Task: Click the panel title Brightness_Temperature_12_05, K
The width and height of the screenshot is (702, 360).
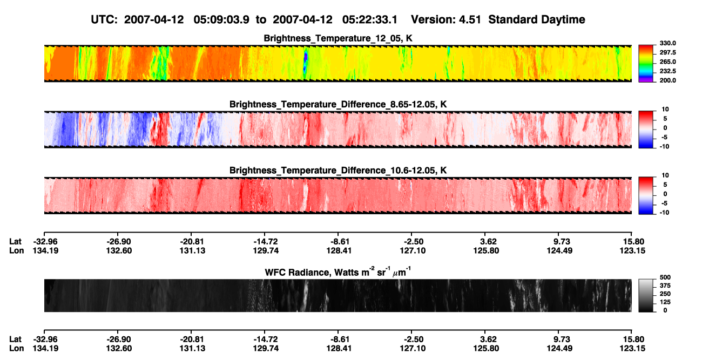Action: [338, 38]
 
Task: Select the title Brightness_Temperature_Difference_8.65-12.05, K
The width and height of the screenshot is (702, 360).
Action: [338, 104]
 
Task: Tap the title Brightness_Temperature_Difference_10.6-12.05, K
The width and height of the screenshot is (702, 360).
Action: [338, 171]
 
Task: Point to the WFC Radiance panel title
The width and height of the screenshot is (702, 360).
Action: [338, 272]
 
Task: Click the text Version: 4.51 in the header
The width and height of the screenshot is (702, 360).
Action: [446, 19]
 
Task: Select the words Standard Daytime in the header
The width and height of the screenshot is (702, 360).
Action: [537, 20]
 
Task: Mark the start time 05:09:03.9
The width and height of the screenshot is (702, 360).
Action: [221, 19]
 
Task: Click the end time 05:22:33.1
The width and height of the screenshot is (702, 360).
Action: [370, 19]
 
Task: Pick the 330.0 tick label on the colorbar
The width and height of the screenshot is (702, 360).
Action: [667, 43]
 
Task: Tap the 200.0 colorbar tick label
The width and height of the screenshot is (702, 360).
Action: [667, 80]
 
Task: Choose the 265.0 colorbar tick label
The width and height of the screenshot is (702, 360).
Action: [667, 62]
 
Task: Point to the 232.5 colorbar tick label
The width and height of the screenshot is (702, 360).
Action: [667, 71]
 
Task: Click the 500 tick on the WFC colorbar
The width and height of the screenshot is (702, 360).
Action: [665, 277]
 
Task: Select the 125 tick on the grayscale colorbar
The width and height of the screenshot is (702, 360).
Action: [665, 302]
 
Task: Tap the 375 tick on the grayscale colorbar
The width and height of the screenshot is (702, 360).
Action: [665, 286]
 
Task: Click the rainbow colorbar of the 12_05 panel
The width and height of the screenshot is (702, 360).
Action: [646, 64]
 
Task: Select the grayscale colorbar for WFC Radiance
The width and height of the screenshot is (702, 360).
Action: [646, 295]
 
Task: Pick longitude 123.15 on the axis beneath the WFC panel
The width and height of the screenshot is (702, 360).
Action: [632, 349]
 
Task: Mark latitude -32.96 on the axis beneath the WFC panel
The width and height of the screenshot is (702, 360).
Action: [45, 339]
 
